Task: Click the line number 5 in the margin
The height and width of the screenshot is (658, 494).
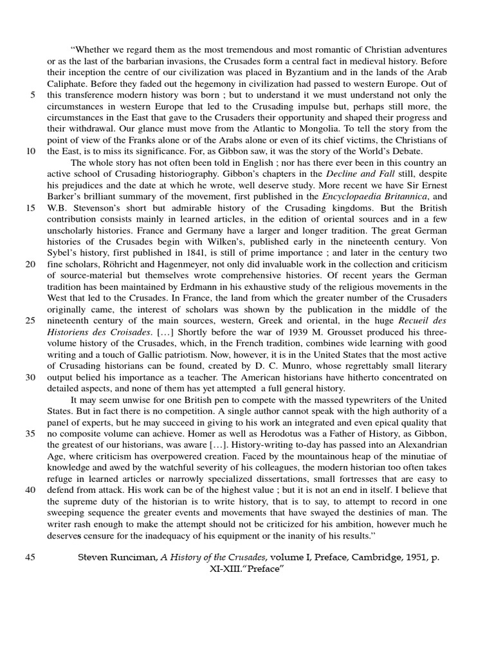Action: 32,95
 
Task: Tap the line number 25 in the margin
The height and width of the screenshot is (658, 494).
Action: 30,321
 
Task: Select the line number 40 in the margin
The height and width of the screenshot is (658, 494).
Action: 30,490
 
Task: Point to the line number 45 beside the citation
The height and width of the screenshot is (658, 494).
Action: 30,557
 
